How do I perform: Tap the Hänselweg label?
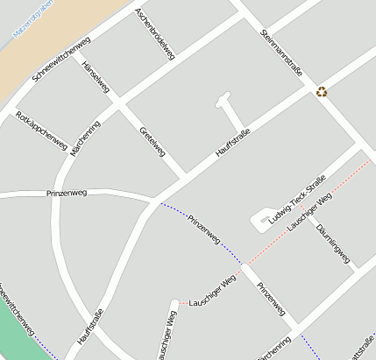pyautogui.click(x=95, y=78)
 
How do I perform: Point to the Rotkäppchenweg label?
pyautogui.click(x=41, y=131)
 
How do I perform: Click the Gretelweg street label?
pyautogui.click(x=153, y=142)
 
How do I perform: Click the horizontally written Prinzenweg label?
pyautogui.click(x=66, y=193)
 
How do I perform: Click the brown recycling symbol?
pyautogui.click(x=322, y=90)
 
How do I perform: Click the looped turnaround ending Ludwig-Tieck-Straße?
pyautogui.click(x=261, y=220)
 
